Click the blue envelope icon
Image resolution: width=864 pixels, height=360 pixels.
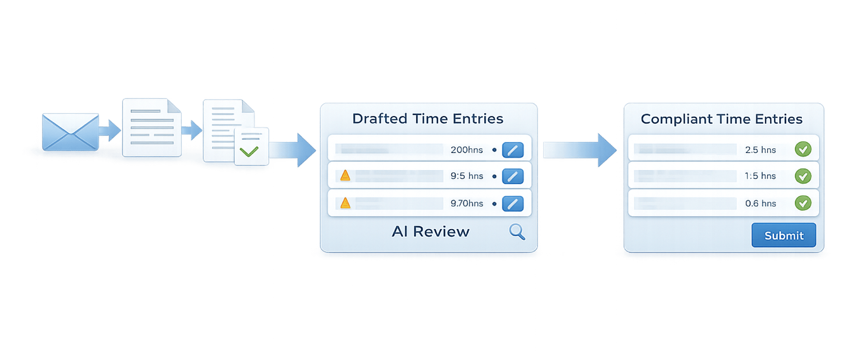(x=70, y=131)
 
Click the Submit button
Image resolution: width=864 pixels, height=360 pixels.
(x=784, y=236)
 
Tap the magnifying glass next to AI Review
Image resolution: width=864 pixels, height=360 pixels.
(x=517, y=232)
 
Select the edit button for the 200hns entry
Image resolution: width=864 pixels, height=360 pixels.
(x=513, y=150)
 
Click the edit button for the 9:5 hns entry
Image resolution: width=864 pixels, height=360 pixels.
(x=513, y=176)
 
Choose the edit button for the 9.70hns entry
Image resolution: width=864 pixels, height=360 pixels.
(x=513, y=204)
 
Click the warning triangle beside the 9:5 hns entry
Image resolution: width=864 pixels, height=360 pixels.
(x=345, y=175)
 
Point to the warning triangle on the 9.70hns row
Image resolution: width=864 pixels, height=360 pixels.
(x=345, y=203)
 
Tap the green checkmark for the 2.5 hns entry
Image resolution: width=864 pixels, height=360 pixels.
(x=803, y=150)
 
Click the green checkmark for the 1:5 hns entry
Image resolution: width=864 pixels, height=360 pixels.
(x=803, y=176)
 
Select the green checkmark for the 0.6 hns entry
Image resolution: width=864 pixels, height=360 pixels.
(x=803, y=203)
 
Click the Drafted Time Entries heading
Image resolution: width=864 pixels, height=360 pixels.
(x=428, y=119)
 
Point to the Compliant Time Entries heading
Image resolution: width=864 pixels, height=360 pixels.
(x=721, y=119)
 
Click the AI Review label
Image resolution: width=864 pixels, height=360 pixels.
(x=430, y=232)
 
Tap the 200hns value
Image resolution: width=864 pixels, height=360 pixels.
(x=467, y=150)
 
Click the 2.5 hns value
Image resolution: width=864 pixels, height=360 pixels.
(x=760, y=150)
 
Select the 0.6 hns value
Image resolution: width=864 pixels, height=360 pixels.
(x=760, y=204)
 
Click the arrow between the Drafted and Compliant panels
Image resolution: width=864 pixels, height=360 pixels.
(x=579, y=150)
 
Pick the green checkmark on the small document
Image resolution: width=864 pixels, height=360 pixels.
(x=249, y=151)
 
